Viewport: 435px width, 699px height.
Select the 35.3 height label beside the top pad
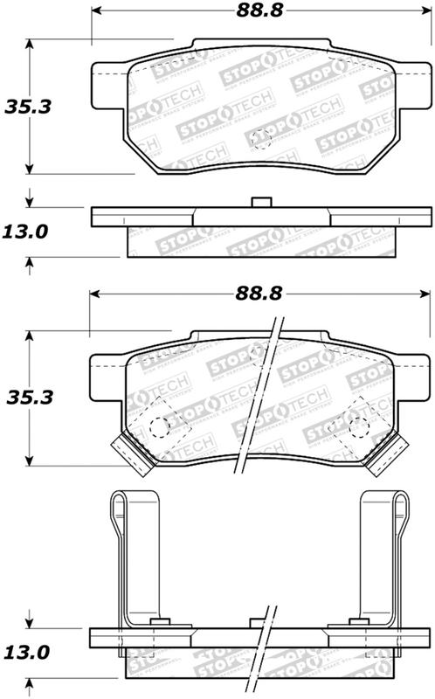(28, 107)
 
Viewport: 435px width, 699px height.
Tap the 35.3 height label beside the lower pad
(28, 397)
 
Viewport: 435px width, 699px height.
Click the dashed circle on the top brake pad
(261, 138)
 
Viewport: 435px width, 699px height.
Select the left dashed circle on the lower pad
(158, 427)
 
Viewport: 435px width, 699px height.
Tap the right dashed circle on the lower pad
(357, 426)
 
